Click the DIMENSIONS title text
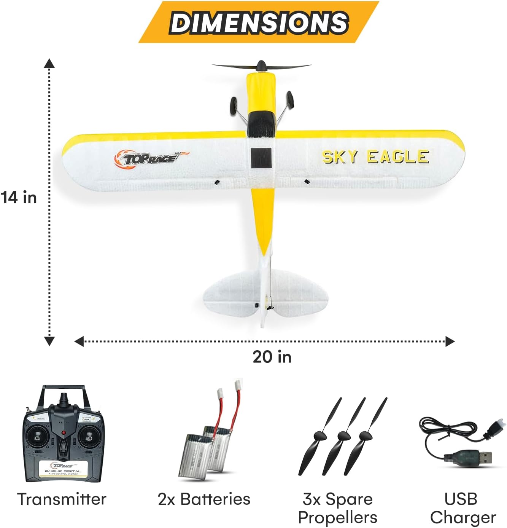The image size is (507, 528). click(x=259, y=22)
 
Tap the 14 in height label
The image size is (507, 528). click(x=19, y=198)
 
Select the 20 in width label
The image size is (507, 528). click(x=272, y=357)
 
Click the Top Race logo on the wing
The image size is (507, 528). click(x=150, y=158)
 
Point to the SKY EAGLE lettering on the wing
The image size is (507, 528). click(x=376, y=157)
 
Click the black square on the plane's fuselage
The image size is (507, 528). click(x=261, y=158)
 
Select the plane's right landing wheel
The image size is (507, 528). click(x=290, y=98)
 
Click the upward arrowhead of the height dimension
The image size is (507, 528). click(x=49, y=63)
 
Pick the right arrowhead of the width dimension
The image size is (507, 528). click(x=450, y=341)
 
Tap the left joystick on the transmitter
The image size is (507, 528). click(x=37, y=436)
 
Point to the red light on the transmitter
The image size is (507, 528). click(x=64, y=432)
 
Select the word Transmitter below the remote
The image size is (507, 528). click(x=62, y=499)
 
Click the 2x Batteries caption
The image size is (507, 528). click(x=204, y=499)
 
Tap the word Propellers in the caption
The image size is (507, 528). click(x=338, y=518)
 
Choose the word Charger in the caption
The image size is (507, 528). click(x=463, y=518)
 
